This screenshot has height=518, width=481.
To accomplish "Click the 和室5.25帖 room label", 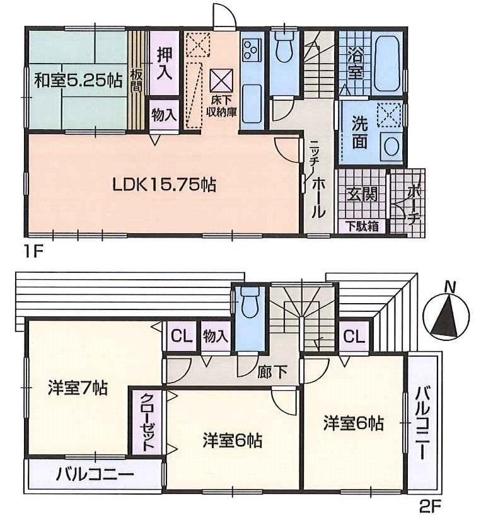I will (78, 81).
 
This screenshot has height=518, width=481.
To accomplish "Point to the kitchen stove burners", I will (252, 49).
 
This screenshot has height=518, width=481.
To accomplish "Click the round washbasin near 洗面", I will (391, 146).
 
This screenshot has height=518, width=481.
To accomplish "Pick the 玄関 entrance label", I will (361, 194).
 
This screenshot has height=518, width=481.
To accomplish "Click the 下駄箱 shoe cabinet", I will (361, 226).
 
